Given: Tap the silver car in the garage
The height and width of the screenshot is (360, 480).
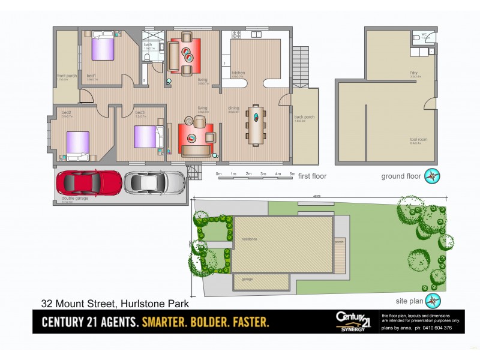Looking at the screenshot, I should tap(154, 182).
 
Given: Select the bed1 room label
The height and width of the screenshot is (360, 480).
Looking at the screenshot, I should tap(91, 76).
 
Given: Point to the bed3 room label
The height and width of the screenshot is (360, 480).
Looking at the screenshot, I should tap(140, 113).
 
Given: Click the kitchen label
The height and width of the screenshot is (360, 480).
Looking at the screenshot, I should tap(238, 73).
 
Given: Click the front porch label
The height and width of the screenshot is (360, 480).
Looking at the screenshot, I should tap(66, 76).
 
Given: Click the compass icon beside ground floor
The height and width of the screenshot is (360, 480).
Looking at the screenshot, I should tap(431, 176).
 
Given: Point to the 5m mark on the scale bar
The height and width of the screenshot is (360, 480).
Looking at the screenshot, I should tap(292, 174).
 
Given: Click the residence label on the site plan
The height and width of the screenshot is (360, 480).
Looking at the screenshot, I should tap(249, 239).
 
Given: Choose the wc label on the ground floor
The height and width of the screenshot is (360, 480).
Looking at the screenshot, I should tap(424, 34).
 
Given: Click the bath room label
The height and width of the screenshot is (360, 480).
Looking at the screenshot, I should tap(148, 45).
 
